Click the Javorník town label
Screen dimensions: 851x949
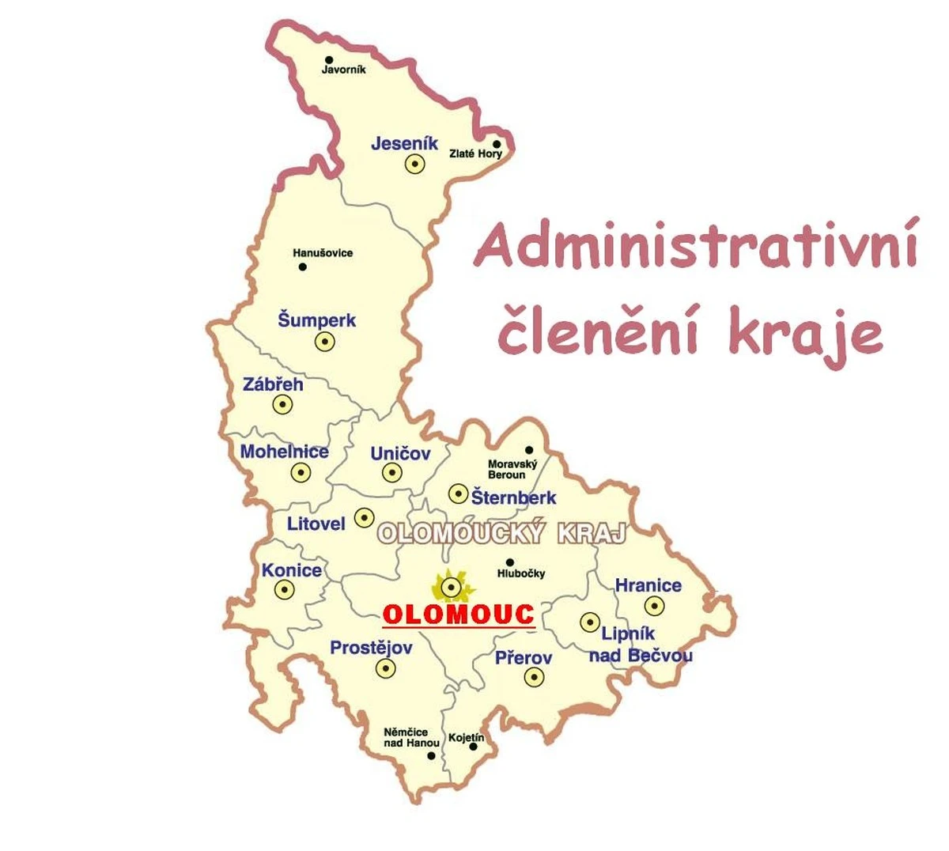coord(343,70)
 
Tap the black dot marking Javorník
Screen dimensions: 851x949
coord(329,59)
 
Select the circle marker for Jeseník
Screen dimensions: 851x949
coord(414,164)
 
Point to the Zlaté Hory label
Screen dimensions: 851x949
coord(475,153)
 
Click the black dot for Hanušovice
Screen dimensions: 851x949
coord(302,267)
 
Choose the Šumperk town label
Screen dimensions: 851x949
coord(316,320)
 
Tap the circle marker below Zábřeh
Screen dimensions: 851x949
coord(282,404)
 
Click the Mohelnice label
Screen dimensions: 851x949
coord(284,452)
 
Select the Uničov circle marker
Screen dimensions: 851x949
coord(392,473)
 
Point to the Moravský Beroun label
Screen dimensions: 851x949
coord(512,470)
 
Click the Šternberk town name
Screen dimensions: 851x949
coord(514,497)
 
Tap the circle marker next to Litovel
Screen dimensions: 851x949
coord(364,517)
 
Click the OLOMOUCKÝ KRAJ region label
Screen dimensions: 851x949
coord(502,534)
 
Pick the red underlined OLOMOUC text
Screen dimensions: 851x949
coord(459,615)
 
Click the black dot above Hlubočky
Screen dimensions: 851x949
coord(510,562)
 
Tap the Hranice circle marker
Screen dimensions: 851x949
coord(654,606)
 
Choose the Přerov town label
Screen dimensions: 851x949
coord(524,657)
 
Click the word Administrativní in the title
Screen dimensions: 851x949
coord(697,245)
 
